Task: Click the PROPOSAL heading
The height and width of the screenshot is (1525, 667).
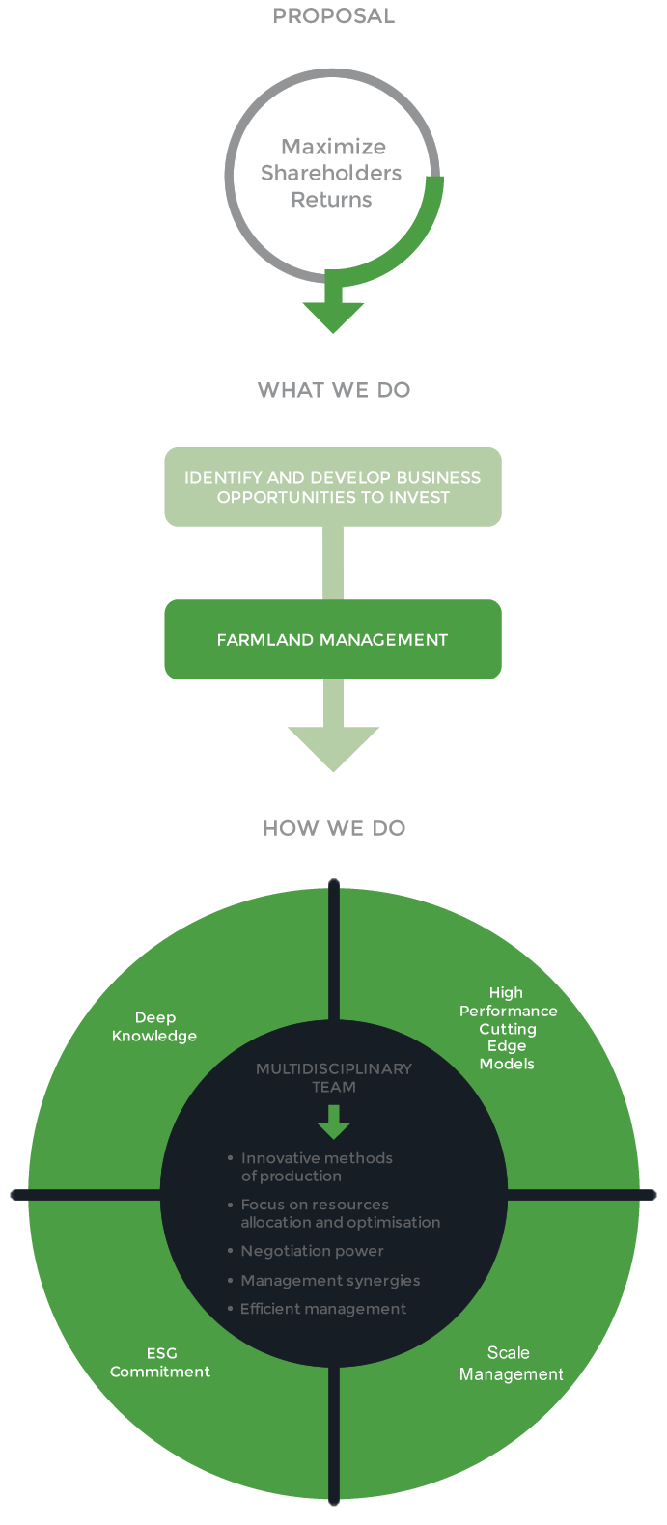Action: tap(333, 16)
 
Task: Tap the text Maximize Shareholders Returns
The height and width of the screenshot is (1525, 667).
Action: tap(332, 174)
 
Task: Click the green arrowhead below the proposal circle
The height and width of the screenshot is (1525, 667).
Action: tap(333, 315)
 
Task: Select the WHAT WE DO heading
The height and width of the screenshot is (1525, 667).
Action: tap(333, 391)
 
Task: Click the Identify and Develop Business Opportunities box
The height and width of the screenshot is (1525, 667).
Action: tap(333, 486)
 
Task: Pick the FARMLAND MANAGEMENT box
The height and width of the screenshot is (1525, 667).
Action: tap(333, 640)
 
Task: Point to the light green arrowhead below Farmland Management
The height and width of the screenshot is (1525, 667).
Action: tap(333, 747)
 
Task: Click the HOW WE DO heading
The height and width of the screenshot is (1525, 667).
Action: tap(333, 829)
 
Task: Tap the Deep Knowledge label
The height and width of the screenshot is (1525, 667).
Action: tap(154, 1027)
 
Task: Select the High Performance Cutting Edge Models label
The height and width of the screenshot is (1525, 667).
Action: tap(508, 1028)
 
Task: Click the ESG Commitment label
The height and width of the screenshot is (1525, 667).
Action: tap(160, 1362)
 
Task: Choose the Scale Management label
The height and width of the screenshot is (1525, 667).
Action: tap(510, 1363)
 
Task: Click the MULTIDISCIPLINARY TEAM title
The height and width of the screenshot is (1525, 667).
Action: tap(333, 1077)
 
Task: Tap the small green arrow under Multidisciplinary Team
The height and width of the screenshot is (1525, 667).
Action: tap(333, 1123)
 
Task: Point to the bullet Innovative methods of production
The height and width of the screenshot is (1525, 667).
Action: tap(317, 1167)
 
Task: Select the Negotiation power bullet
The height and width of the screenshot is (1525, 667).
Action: tap(312, 1251)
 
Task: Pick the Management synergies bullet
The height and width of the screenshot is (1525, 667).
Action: tap(330, 1281)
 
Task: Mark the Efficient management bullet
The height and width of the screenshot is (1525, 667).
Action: tap(323, 1309)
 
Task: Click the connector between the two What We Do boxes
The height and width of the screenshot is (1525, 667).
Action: tap(333, 563)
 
